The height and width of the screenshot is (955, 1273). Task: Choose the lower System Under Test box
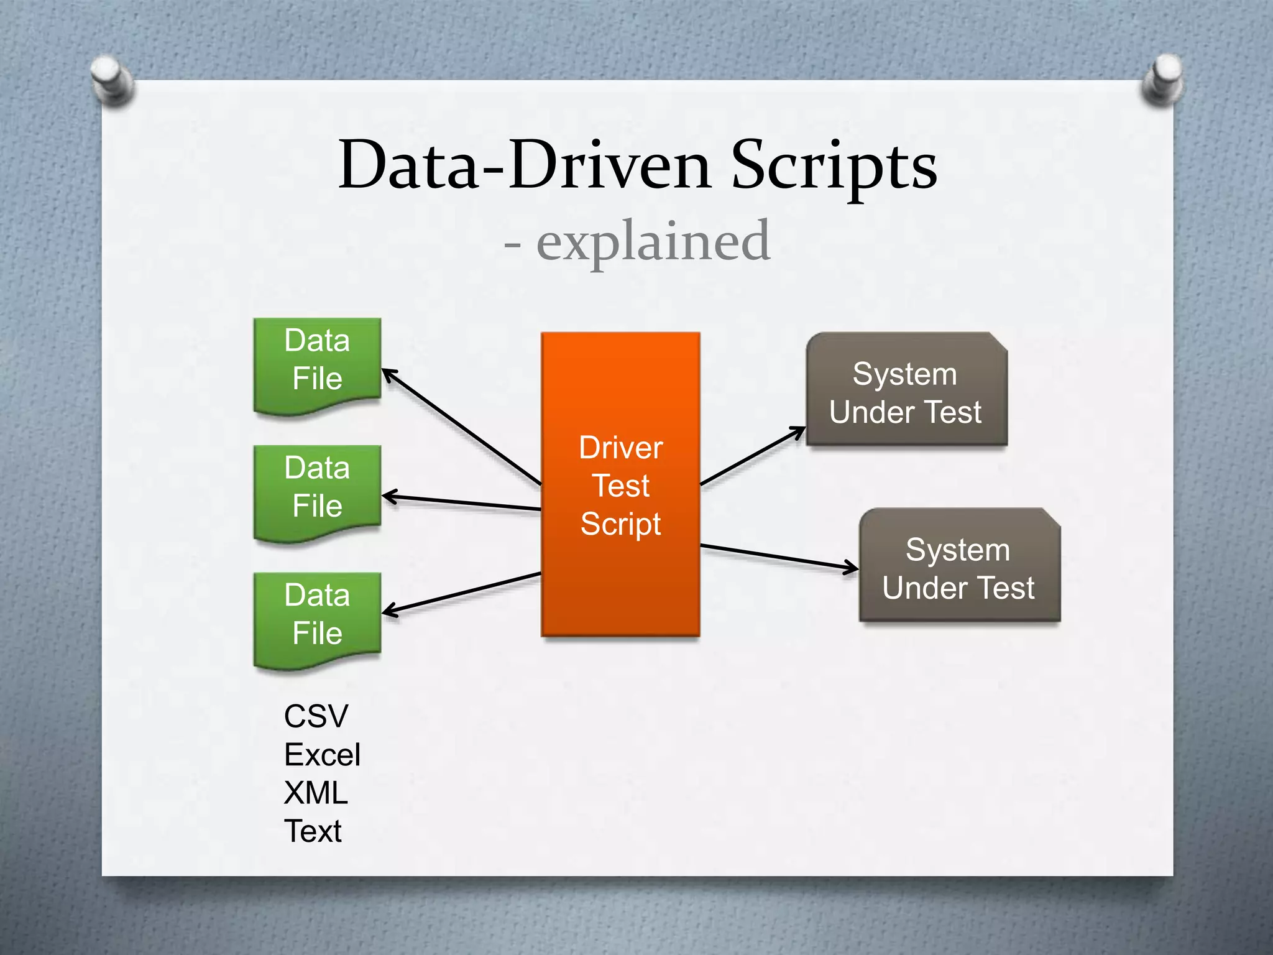[959, 566]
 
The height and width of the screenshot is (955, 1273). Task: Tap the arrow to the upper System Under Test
[753, 456]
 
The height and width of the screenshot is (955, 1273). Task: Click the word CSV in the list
[316, 716]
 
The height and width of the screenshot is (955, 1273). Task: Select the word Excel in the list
[322, 755]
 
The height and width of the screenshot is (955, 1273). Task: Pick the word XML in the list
[316, 793]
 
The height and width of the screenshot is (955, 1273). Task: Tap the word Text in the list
[313, 831]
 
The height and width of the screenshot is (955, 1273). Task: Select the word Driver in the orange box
[620, 448]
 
